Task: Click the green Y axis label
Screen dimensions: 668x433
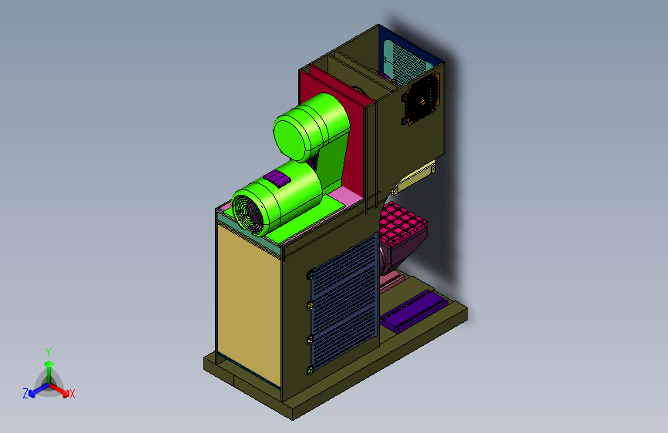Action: pyautogui.click(x=49, y=353)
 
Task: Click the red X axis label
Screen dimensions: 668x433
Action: pyautogui.click(x=72, y=394)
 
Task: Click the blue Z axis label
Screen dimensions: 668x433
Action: pyautogui.click(x=25, y=394)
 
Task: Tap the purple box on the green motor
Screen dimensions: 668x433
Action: pyautogui.click(x=277, y=178)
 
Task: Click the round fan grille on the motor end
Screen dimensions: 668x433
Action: pyautogui.click(x=248, y=214)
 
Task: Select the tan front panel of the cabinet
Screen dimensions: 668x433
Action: pyautogui.click(x=248, y=304)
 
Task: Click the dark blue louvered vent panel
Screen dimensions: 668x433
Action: pyautogui.click(x=344, y=301)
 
